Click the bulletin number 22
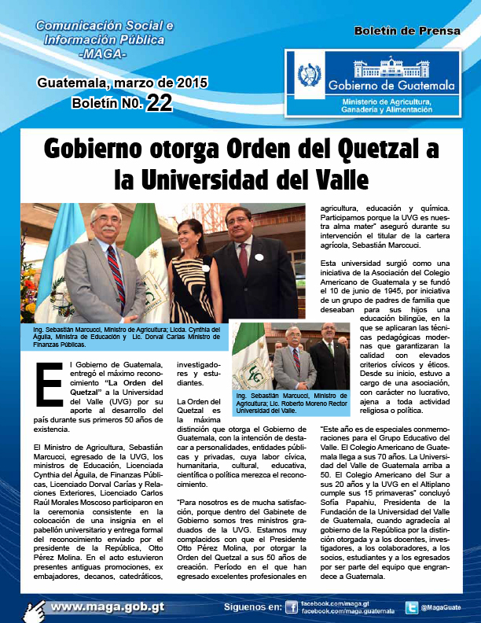(159, 102)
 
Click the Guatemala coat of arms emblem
(305, 76)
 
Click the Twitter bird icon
(411, 607)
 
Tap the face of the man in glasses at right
(237, 224)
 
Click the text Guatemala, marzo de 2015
(122, 83)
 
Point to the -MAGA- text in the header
(103, 53)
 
